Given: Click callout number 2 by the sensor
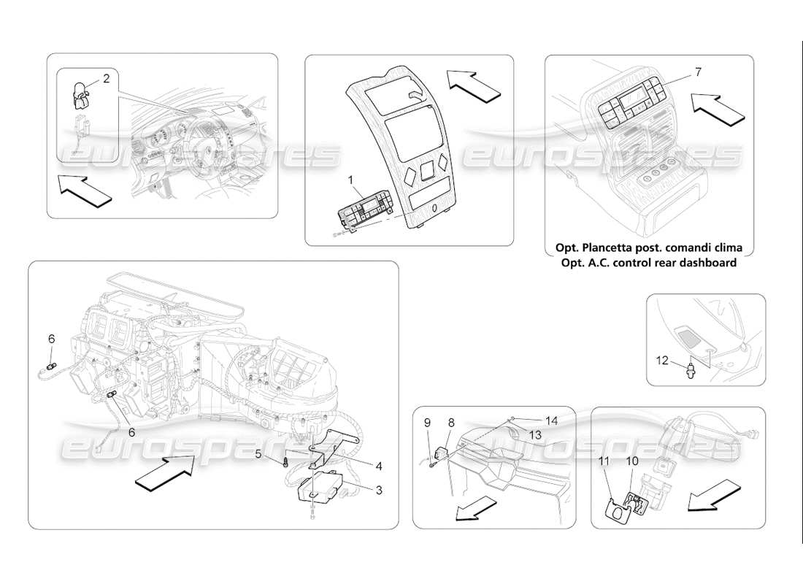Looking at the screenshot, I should (x=107, y=79).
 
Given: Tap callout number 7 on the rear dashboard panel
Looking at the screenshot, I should (x=698, y=72).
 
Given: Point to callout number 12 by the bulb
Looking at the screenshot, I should (x=661, y=360).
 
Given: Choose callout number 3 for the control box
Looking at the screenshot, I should (x=378, y=489).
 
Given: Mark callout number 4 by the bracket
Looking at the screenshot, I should (x=378, y=465).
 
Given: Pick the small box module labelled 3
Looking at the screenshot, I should (x=322, y=485).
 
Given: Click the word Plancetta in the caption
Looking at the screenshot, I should (x=612, y=248).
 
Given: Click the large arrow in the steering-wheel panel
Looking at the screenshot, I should (x=85, y=189).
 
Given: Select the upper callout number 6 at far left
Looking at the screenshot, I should (x=52, y=339).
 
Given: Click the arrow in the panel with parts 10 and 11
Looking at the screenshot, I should (x=712, y=497).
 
